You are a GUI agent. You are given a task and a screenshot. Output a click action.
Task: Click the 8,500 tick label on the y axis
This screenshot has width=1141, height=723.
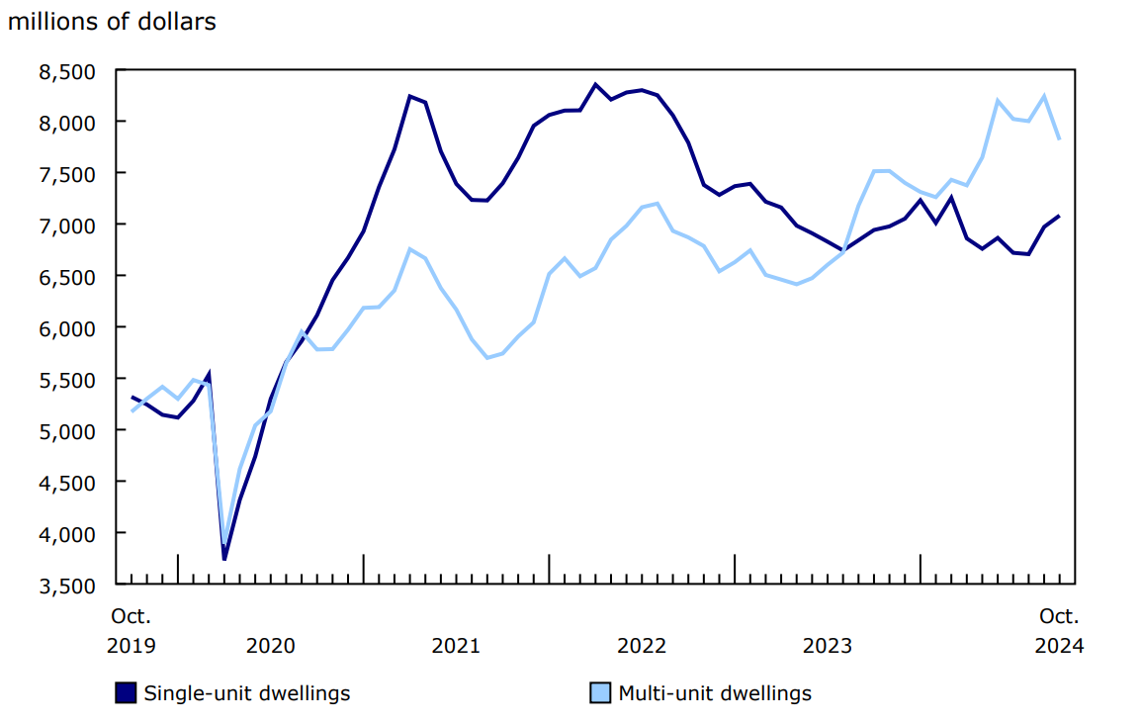pyautogui.click(x=66, y=71)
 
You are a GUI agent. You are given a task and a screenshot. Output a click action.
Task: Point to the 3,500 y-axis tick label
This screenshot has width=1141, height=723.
pyautogui.click(x=66, y=585)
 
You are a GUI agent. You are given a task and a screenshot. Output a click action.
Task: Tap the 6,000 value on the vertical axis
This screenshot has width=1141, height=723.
pyautogui.click(x=66, y=327)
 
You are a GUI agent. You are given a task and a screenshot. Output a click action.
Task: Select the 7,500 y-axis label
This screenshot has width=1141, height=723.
pyautogui.click(x=66, y=174)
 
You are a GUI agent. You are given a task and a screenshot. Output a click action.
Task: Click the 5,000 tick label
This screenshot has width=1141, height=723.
pyautogui.click(x=66, y=430)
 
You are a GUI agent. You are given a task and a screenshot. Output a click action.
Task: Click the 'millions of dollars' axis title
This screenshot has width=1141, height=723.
pyautogui.click(x=112, y=22)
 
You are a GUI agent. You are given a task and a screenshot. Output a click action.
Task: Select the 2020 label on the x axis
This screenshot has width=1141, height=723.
pyautogui.click(x=270, y=646)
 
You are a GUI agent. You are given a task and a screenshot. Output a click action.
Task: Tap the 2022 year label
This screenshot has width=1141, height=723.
pyautogui.click(x=642, y=646)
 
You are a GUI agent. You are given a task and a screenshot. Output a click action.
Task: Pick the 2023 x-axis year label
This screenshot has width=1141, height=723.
pyautogui.click(x=828, y=646)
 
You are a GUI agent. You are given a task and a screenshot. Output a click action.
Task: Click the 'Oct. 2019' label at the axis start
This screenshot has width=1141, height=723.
pyautogui.click(x=131, y=631)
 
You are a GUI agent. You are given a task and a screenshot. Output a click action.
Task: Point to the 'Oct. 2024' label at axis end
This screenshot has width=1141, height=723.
pyautogui.click(x=1059, y=631)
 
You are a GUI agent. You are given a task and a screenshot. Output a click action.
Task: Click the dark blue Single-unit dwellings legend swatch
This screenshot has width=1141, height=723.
pyautogui.click(x=126, y=693)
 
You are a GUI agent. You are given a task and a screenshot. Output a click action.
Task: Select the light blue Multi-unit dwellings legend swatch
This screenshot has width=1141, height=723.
pyautogui.click(x=599, y=693)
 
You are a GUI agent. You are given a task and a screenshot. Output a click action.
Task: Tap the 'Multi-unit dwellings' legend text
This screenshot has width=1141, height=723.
pyautogui.click(x=714, y=693)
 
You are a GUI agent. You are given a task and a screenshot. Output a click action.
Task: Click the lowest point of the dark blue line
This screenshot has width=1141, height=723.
pyautogui.click(x=224, y=559)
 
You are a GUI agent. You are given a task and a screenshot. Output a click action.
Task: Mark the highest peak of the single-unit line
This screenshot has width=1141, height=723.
pyautogui.click(x=595, y=84)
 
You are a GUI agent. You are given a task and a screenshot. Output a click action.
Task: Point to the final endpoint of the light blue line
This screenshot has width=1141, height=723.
pyautogui.click(x=1059, y=139)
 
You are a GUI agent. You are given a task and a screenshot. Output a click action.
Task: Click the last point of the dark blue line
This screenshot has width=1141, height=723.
pyautogui.click(x=1059, y=216)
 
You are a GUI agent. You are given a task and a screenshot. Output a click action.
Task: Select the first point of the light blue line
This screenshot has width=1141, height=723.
pyautogui.click(x=132, y=410)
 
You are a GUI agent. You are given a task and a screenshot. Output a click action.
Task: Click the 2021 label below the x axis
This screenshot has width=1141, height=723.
pyautogui.click(x=456, y=646)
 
